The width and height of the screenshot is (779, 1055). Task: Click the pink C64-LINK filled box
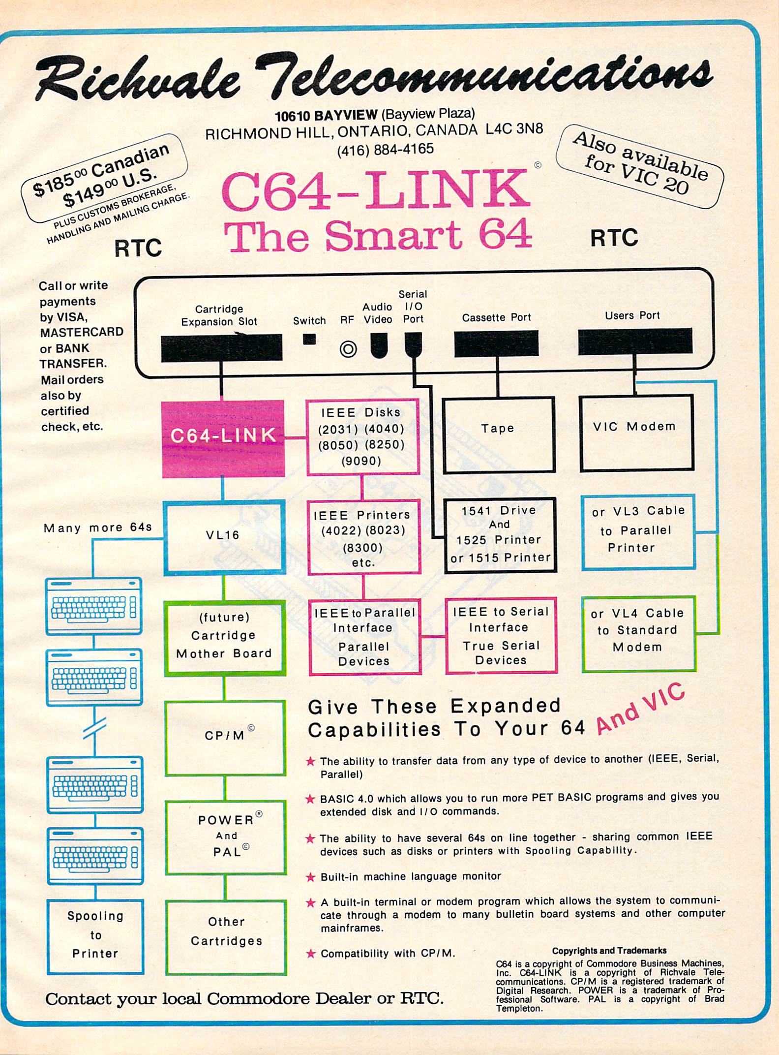[x=223, y=438]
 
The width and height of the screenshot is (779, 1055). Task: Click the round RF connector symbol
[x=348, y=349]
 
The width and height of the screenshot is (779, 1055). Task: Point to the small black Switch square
[x=309, y=339]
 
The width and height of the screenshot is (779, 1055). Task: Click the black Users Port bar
[x=635, y=341]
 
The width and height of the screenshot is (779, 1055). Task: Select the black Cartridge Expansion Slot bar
[x=221, y=348]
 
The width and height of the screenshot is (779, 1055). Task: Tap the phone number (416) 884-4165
[x=385, y=149]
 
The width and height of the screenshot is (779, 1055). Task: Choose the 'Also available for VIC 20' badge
[x=639, y=165]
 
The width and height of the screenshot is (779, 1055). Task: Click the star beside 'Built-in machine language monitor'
[x=310, y=876]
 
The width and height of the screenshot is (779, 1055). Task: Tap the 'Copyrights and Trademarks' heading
[x=609, y=951]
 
